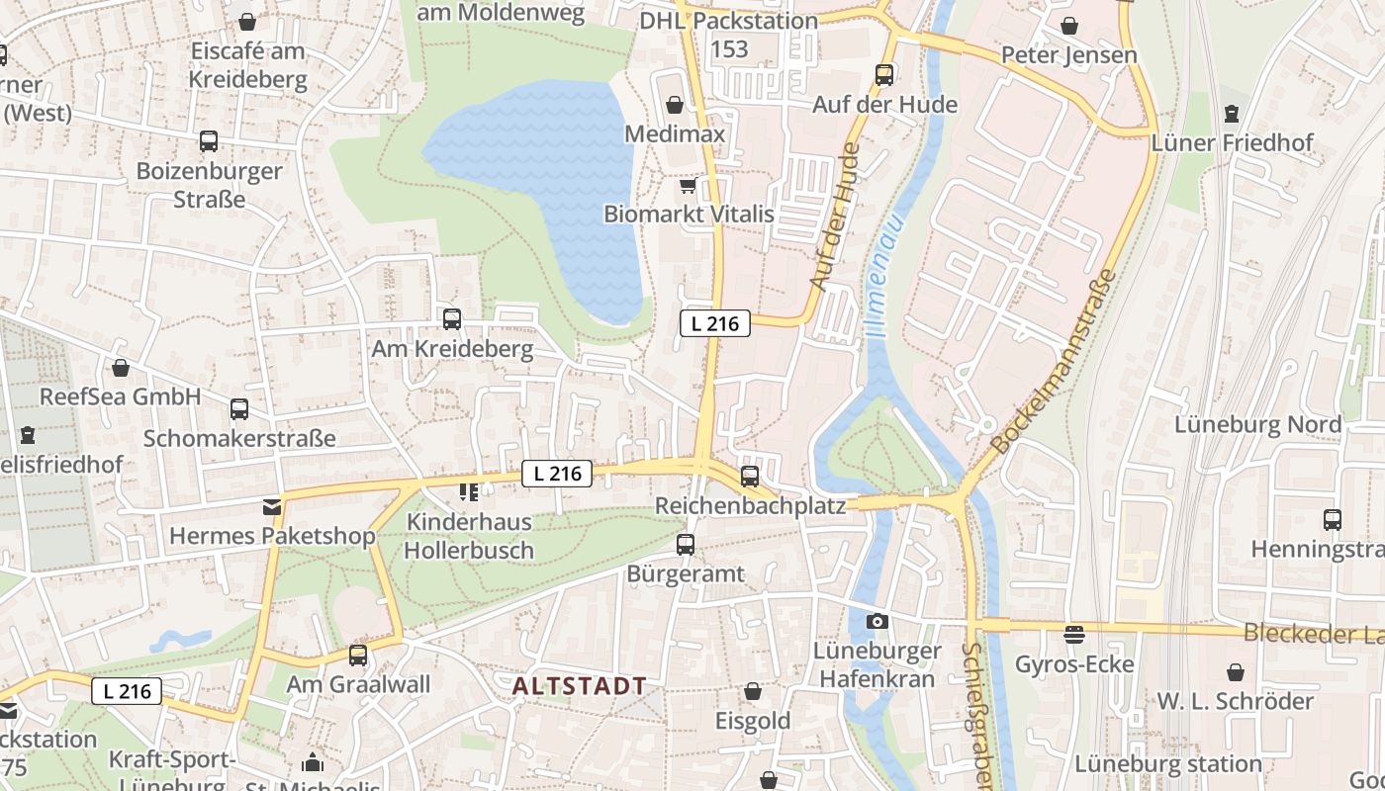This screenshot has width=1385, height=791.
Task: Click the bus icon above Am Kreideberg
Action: pyautogui.click(x=452, y=318)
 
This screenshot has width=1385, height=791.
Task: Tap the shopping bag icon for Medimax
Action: pyautogui.click(x=675, y=104)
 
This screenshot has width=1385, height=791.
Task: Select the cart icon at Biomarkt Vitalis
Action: pyautogui.click(x=688, y=185)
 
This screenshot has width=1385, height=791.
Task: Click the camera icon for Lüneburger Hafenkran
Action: pyautogui.click(x=877, y=621)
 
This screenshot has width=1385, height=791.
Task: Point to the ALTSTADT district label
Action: pyautogui.click(x=580, y=685)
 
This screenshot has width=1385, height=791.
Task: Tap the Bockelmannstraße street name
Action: pyautogui.click(x=1056, y=362)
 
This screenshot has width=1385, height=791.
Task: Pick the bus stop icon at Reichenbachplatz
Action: pyautogui.click(x=750, y=476)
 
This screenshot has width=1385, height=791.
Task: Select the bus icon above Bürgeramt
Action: pyautogui.click(x=685, y=544)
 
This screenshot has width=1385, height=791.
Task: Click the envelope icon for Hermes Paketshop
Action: pyautogui.click(x=271, y=507)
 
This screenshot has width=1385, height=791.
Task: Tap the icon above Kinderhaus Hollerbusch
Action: pyautogui.click(x=469, y=491)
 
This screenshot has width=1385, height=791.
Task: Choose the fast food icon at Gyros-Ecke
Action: pyautogui.click(x=1074, y=634)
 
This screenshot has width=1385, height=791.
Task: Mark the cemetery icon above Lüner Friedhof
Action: pyautogui.click(x=1231, y=114)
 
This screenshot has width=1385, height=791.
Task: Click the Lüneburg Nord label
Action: pyautogui.click(x=1257, y=424)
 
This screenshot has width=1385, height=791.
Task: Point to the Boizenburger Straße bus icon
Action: pyautogui.click(x=209, y=140)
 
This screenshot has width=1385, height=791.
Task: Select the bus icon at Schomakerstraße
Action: pyautogui.click(x=239, y=408)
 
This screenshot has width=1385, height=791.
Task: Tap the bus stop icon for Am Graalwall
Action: pyautogui.click(x=358, y=655)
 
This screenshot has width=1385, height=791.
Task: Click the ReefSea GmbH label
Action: pyautogui.click(x=120, y=396)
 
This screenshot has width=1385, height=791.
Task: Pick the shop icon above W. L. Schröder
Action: pyautogui.click(x=1235, y=672)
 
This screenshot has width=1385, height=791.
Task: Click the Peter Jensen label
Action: pyautogui.click(x=1069, y=54)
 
